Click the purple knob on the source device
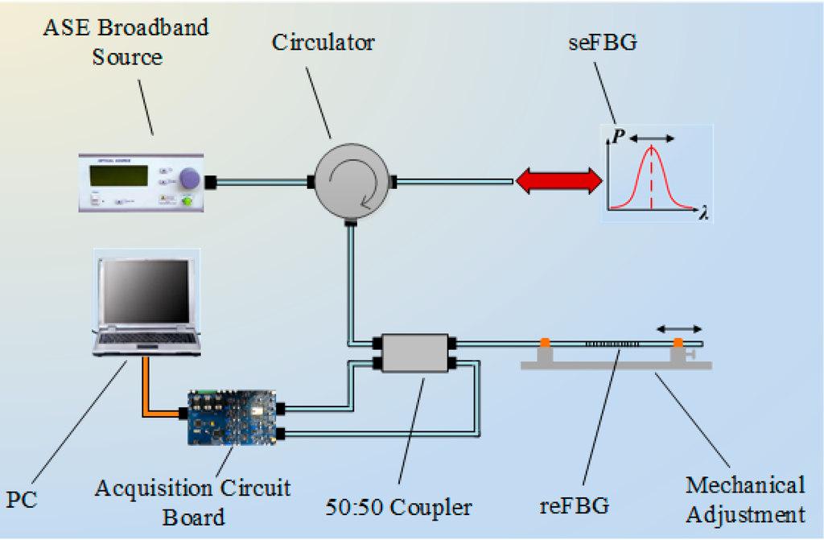pyautogui.click(x=189, y=179)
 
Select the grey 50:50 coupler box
pyautogui.click(x=414, y=352)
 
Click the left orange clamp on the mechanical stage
pyautogui.click(x=545, y=344)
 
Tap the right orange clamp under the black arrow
pyautogui.click(x=678, y=344)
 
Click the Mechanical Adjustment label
pyautogui.click(x=744, y=499)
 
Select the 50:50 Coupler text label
pyautogui.click(x=399, y=508)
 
